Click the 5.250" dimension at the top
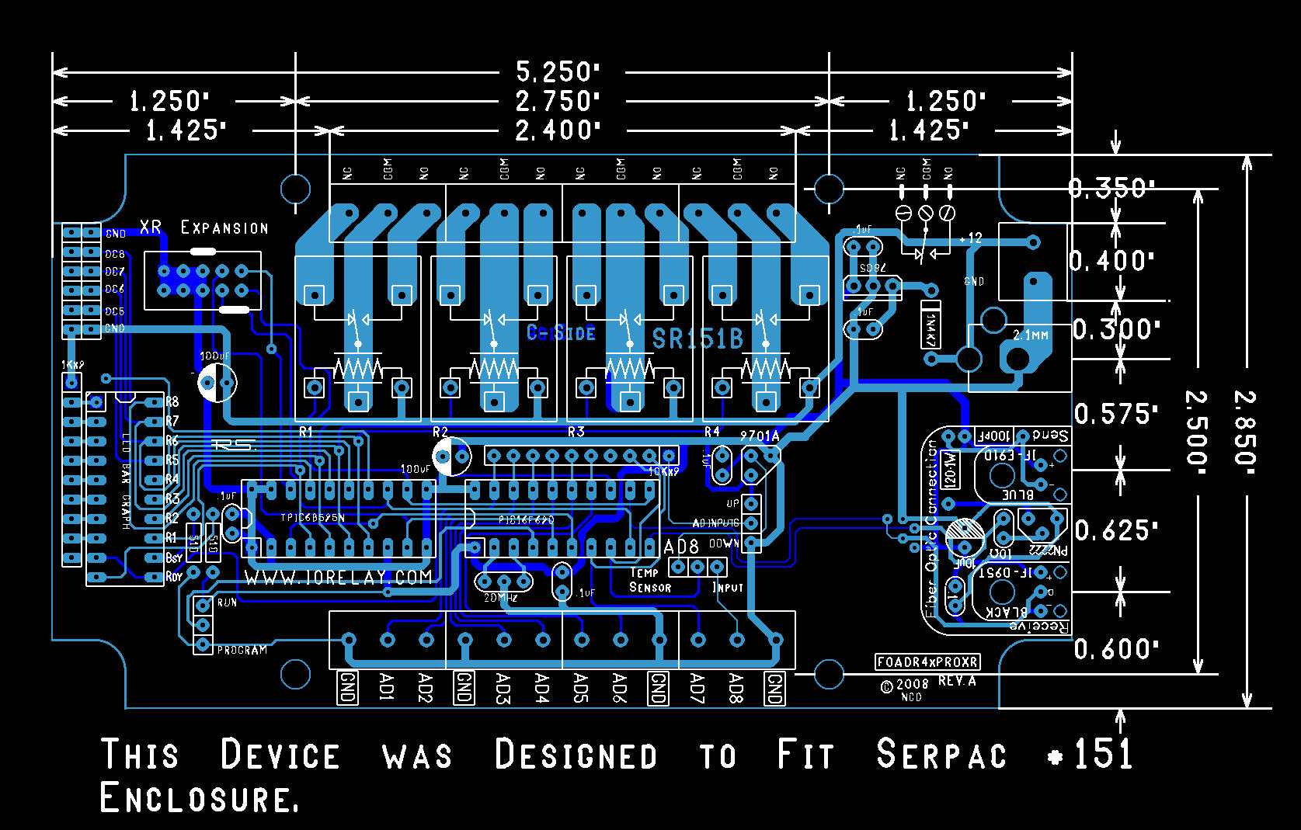pyautogui.click(x=558, y=72)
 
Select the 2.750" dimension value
pyautogui.click(x=558, y=102)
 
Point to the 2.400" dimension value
pyautogui.click(x=558, y=130)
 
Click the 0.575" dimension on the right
pyautogui.click(x=1115, y=414)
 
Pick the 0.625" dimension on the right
pyautogui.click(x=1116, y=531)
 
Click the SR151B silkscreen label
pyautogui.click(x=697, y=339)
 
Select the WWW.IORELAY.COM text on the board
pyautogui.click(x=338, y=578)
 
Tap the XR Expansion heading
pyautogui.click(x=203, y=227)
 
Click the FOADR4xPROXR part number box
pyautogui.click(x=927, y=662)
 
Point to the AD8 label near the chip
pyautogui.click(x=681, y=547)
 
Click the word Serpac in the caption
pyautogui.click(x=941, y=755)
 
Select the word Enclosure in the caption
pyautogui.click(x=199, y=798)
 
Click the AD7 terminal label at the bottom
pyautogui.click(x=697, y=688)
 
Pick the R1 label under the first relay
pyautogui.click(x=306, y=432)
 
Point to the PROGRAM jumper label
pyautogui.click(x=242, y=650)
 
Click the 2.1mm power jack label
pyautogui.click(x=1031, y=335)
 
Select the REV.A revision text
pyautogui.click(x=957, y=681)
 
